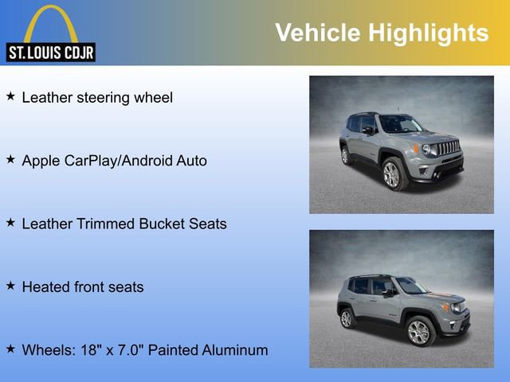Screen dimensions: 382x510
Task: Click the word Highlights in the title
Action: pos(428,33)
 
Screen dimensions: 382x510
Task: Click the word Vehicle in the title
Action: pos(317,33)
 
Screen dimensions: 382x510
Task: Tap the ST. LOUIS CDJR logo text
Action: pos(51,53)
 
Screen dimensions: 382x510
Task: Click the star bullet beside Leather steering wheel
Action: pos(10,96)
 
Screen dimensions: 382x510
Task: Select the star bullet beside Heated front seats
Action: pos(10,286)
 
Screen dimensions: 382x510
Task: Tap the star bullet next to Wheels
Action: pos(10,349)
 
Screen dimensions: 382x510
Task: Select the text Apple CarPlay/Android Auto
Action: pos(114,161)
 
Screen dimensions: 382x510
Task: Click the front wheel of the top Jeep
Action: pos(391,173)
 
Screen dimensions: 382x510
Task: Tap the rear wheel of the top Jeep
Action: pos(346,155)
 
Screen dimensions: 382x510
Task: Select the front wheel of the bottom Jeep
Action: pos(418,331)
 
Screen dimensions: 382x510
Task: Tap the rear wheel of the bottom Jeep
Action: pos(347,318)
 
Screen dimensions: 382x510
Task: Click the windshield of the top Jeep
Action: pos(401,124)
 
